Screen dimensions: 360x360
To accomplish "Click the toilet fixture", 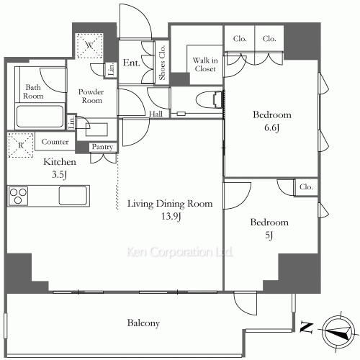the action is (210, 99).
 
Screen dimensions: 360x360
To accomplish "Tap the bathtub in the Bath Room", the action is (40, 117).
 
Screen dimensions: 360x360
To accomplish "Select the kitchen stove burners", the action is (18, 197).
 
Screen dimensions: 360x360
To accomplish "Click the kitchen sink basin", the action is (73, 196).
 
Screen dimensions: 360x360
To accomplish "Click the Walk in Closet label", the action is (205, 64).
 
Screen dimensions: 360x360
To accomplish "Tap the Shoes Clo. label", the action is (162, 63).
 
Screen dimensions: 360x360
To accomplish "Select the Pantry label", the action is (102, 147).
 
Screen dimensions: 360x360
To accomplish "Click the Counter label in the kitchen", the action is (55, 142).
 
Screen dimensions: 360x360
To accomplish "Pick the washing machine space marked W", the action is (89, 45).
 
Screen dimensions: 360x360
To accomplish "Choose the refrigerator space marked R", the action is (21, 145).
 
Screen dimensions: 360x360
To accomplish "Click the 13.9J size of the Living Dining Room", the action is (171, 217).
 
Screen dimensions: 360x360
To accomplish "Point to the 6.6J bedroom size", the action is (271, 127).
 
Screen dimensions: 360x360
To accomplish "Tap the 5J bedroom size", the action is (269, 235).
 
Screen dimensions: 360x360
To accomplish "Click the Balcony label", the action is (143, 323).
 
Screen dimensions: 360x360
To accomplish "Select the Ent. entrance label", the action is (131, 63).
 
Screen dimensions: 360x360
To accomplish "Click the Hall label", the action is (156, 114).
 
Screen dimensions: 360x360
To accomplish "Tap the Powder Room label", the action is (91, 96).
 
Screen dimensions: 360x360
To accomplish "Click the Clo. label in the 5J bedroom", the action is (306, 186).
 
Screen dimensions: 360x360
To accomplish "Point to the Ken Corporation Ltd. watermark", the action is (179, 252).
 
